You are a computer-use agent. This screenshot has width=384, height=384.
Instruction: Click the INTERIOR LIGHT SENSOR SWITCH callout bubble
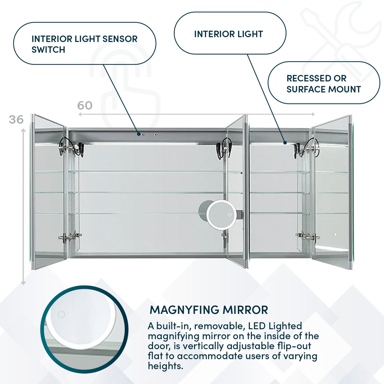point(85,44)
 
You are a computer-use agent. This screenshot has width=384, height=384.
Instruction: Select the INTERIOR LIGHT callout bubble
point(230,33)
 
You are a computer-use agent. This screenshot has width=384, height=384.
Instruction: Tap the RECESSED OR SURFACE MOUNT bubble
point(324,83)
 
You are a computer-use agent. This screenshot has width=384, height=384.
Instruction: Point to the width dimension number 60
point(85,106)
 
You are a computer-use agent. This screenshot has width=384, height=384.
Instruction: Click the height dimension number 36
point(16,120)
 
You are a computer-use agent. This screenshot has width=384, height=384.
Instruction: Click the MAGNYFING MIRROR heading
point(209,310)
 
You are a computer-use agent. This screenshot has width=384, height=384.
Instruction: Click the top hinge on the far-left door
point(70,147)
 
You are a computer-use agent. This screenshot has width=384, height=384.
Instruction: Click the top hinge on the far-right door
point(307,148)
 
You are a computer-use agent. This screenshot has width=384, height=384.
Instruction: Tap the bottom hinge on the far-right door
point(307,236)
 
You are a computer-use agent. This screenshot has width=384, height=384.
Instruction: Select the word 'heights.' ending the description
point(165,366)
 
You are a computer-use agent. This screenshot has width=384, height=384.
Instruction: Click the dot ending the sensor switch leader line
point(139,134)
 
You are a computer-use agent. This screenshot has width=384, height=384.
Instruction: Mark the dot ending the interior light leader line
point(285,143)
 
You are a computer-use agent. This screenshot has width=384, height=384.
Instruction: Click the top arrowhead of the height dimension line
point(23,130)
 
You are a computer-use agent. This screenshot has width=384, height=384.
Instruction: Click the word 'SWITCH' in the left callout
point(48,50)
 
